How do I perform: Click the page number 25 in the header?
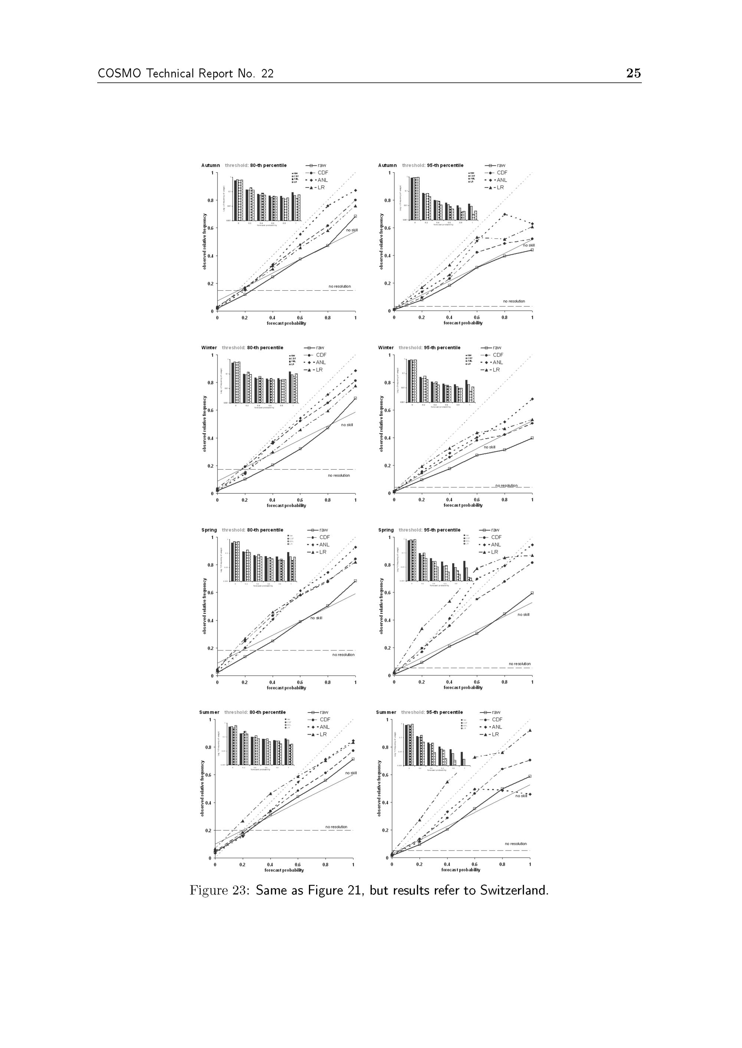click(x=633, y=73)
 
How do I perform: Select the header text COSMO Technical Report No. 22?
click(x=185, y=73)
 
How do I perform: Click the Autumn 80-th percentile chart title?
click(x=244, y=165)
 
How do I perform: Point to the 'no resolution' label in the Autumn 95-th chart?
click(x=514, y=301)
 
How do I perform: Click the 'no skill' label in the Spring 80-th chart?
click(x=316, y=618)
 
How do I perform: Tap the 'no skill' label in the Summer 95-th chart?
click(x=521, y=796)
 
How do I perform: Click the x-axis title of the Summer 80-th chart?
click(x=284, y=870)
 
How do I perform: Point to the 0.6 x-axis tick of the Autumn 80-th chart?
click(x=300, y=318)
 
